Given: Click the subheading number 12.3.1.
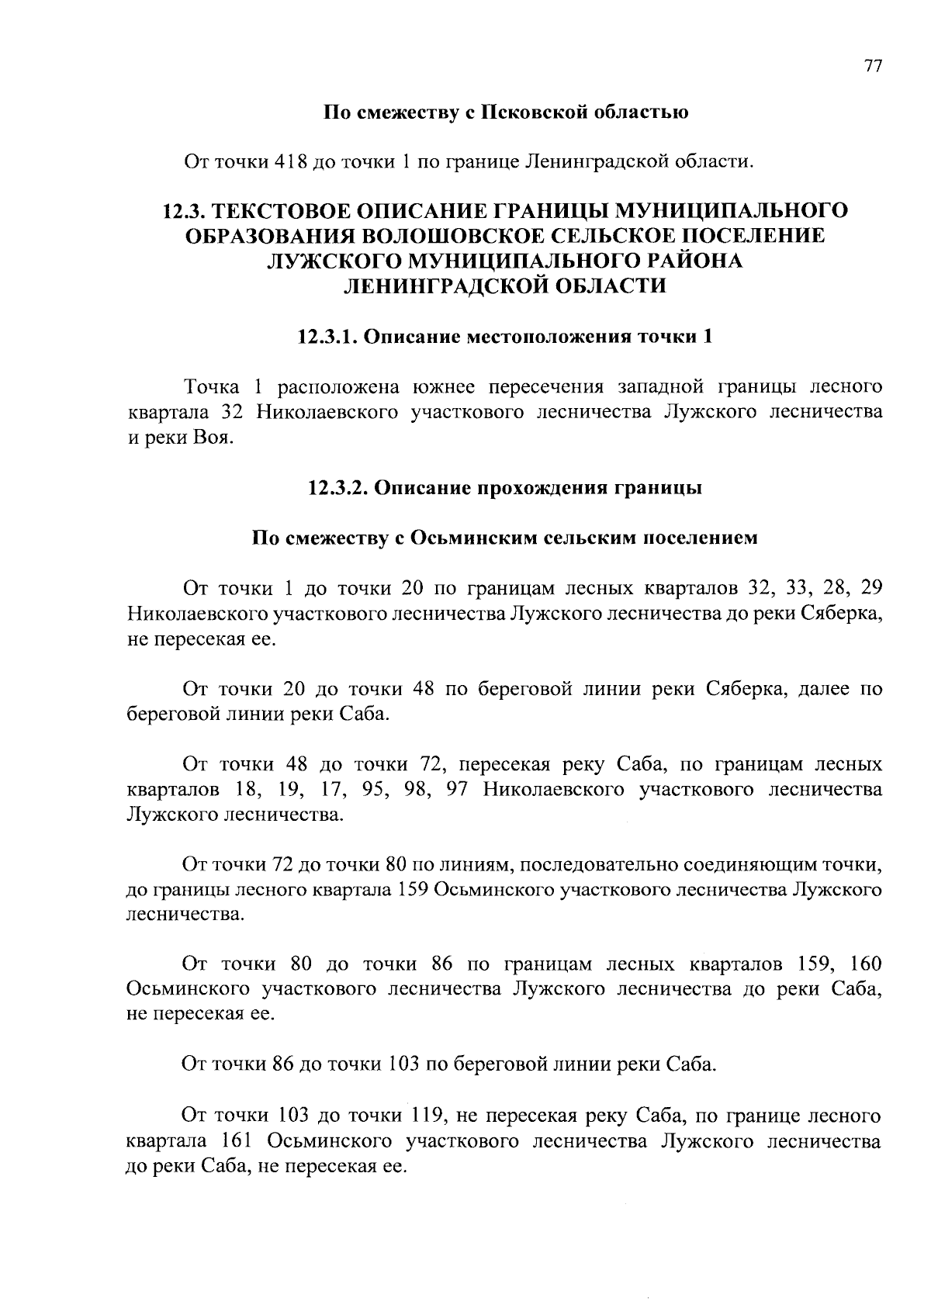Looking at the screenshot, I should (327, 337).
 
